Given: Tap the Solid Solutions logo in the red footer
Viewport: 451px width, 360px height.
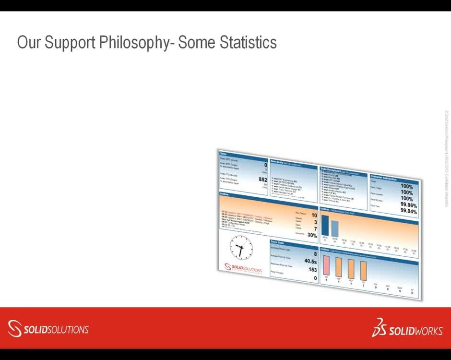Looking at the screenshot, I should (48, 329).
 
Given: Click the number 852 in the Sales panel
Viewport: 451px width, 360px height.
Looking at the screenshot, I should (262, 180).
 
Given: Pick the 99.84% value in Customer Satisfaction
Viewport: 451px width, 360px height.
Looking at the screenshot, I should (408, 211).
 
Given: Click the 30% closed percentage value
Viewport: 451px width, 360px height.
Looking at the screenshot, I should (312, 235).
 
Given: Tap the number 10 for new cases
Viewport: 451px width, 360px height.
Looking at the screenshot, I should (313, 216).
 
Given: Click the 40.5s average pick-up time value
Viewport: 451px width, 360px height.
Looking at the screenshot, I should (310, 261).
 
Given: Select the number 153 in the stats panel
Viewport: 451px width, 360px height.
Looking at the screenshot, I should (312, 270).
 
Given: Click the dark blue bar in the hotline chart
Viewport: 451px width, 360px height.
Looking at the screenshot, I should (325, 226).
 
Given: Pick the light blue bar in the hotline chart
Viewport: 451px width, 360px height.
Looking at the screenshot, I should (335, 228).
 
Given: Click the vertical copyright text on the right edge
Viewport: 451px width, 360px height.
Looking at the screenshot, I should (446, 158).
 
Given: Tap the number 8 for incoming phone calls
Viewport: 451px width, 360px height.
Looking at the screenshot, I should (315, 253).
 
